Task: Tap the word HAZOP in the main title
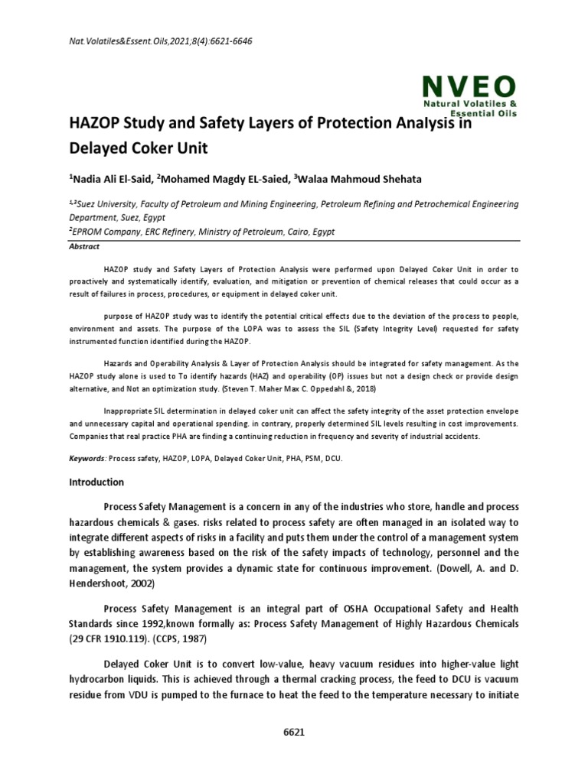coord(96,123)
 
